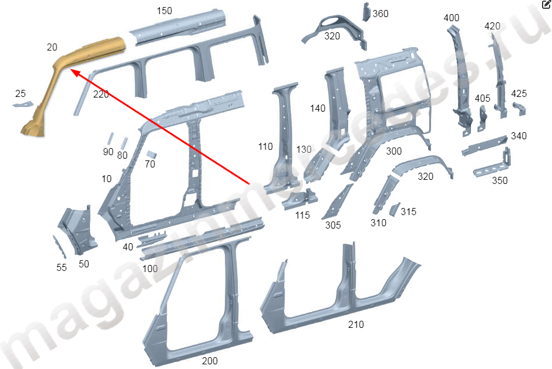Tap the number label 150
pyautogui.click(x=164, y=11)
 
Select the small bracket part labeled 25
pyautogui.click(x=23, y=104)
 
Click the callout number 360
pyautogui.click(x=381, y=14)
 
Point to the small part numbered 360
pyautogui.click(x=366, y=12)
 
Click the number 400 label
pyautogui.click(x=452, y=18)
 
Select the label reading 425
pyautogui.click(x=519, y=93)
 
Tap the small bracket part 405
pyautogui.click(x=482, y=119)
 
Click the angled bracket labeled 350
pyautogui.click(x=493, y=166)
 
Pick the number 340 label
pyautogui.click(x=519, y=136)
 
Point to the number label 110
pyautogui.click(x=265, y=146)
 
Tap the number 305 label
pyautogui.click(x=333, y=225)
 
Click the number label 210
pyautogui.click(x=356, y=324)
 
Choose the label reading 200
pyautogui.click(x=210, y=361)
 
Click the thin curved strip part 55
pyautogui.click(x=59, y=246)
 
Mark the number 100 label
pyautogui.click(x=150, y=269)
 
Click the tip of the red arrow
pyautogui.click(x=71, y=70)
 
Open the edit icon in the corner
pyautogui.click(x=546, y=4)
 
